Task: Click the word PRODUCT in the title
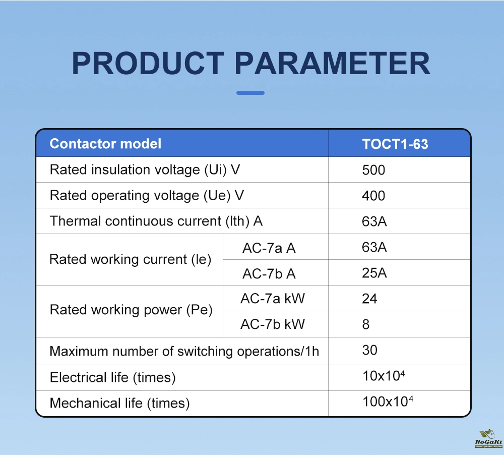pyautogui.click(x=148, y=63)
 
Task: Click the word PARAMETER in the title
pyautogui.click(x=332, y=63)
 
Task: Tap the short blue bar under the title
pyautogui.click(x=250, y=93)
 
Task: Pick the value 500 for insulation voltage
pyautogui.click(x=373, y=170)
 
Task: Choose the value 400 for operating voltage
pyautogui.click(x=373, y=196)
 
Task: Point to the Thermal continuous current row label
pyautogui.click(x=156, y=221)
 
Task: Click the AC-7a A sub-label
pyautogui.click(x=269, y=248)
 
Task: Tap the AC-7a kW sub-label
pyautogui.click(x=273, y=299)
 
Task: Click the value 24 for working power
pyautogui.click(x=369, y=299)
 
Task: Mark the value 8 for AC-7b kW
pyautogui.click(x=366, y=324)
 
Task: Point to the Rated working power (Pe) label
pyautogui.click(x=131, y=310)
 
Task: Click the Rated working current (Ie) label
pyautogui.click(x=131, y=259)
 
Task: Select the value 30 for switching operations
pyautogui.click(x=369, y=350)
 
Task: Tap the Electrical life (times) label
pyautogui.click(x=113, y=377)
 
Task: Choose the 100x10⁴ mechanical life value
pyautogui.click(x=388, y=401)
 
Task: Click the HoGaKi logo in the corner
pyautogui.click(x=488, y=438)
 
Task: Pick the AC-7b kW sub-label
pyautogui.click(x=273, y=324)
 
